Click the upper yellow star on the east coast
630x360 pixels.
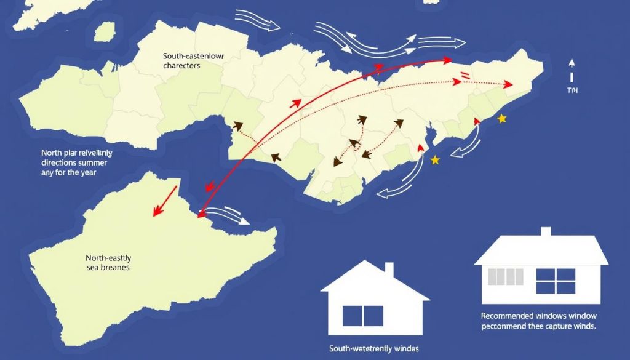(x=502, y=118)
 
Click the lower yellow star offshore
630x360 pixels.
(x=435, y=160)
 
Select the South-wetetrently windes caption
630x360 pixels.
(x=375, y=349)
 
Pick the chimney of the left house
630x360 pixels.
(x=389, y=270)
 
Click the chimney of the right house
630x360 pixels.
(x=545, y=233)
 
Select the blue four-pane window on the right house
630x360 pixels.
(x=555, y=281)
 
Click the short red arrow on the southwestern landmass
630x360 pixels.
(x=165, y=200)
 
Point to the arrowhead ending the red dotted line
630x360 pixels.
(x=508, y=85)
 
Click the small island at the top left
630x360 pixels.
(x=105, y=31)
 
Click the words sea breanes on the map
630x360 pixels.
(x=108, y=268)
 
